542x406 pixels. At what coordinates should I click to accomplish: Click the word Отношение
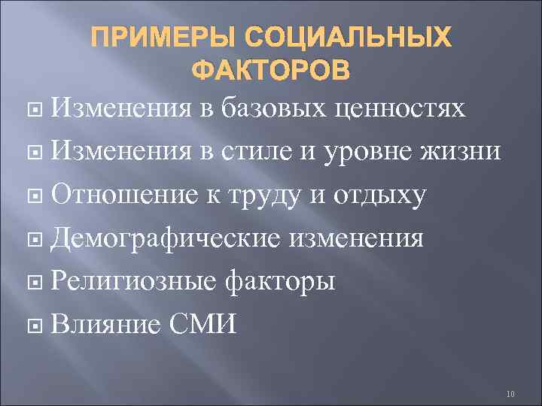pyautogui.click(x=129, y=197)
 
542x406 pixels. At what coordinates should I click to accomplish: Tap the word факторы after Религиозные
pyautogui.click(x=281, y=284)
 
